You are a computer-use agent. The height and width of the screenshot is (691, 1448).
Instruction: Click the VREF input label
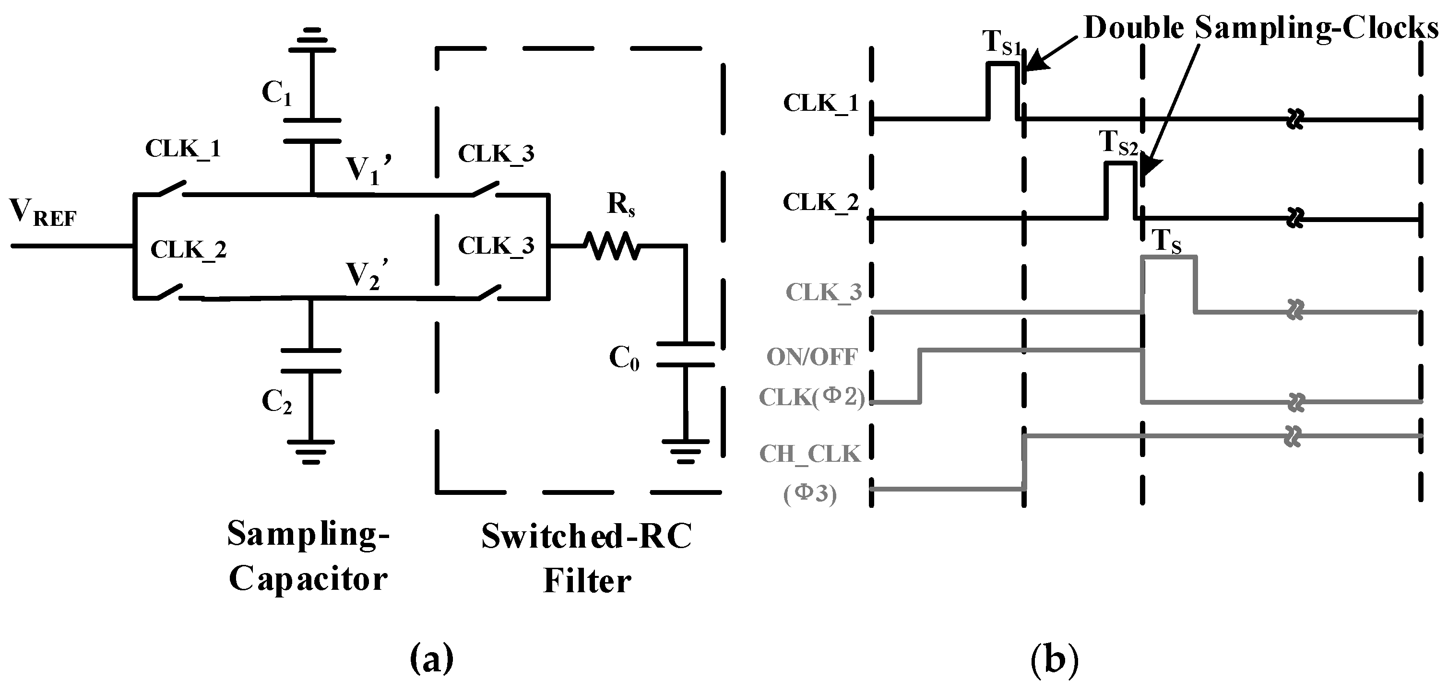pos(43,214)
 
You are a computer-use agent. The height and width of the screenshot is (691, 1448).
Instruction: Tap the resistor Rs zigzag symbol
pos(612,246)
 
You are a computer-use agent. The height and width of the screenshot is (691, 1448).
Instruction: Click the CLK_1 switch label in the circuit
pos(183,149)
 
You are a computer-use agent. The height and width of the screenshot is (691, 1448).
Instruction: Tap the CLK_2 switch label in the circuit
pos(188,249)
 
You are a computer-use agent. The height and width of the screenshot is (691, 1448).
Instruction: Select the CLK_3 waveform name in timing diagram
pos(823,293)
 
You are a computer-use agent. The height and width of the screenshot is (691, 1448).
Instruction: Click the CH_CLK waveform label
pos(810,455)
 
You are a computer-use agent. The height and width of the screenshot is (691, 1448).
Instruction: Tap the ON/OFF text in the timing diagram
pos(812,357)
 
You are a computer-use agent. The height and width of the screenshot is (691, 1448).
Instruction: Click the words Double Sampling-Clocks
pos(1259,28)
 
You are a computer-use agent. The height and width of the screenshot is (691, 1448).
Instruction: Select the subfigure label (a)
pos(432,659)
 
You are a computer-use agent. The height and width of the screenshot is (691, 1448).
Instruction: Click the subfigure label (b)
pos(1055,659)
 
